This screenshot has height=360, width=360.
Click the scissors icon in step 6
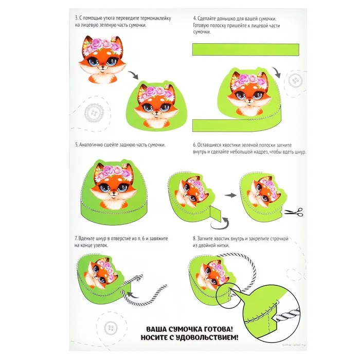(294, 212)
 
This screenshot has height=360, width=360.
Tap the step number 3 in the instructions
(77, 18)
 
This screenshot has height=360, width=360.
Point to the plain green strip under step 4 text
(246, 49)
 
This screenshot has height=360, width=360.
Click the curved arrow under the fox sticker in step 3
(133, 75)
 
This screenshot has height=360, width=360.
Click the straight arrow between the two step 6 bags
(230, 195)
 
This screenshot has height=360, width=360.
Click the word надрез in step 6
(261, 152)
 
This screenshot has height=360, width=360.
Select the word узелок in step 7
(101, 245)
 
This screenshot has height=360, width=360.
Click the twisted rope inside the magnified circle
(288, 315)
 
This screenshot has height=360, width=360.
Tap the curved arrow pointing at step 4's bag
(277, 73)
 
